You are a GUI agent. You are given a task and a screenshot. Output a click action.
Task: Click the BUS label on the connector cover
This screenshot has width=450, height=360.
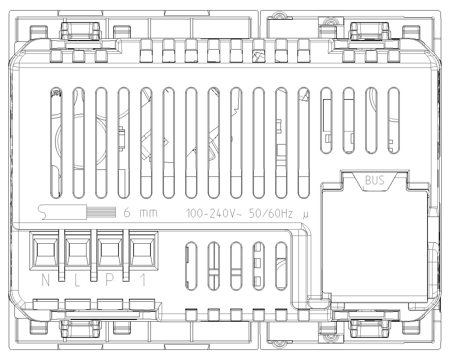point(375,180)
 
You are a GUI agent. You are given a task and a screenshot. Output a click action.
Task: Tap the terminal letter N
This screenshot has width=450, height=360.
point(46,280)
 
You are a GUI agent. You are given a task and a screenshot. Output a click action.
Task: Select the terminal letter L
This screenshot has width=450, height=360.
point(77,280)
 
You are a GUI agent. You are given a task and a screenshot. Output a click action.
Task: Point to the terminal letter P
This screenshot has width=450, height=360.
point(110,280)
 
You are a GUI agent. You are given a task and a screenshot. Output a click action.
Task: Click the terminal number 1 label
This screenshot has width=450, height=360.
point(143,280)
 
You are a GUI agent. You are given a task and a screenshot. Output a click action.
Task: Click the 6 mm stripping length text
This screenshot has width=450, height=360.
point(140,213)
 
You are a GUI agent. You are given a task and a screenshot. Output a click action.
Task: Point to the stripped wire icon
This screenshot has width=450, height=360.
point(77,212)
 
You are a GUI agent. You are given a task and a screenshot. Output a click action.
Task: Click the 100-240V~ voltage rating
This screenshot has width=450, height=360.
point(214,213)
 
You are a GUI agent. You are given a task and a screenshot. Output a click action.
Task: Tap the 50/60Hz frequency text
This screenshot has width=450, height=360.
point(271,213)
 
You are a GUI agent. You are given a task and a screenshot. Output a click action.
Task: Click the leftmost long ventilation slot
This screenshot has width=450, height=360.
point(56,143)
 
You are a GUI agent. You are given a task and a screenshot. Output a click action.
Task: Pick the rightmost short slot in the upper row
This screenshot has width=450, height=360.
point(393,121)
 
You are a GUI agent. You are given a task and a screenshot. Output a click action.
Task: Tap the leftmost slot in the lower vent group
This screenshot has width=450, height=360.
point(191,266)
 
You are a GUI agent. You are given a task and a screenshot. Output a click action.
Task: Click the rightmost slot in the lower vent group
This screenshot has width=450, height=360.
point(281,266)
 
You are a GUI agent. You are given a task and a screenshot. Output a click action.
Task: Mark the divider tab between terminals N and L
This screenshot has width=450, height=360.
point(62,255)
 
